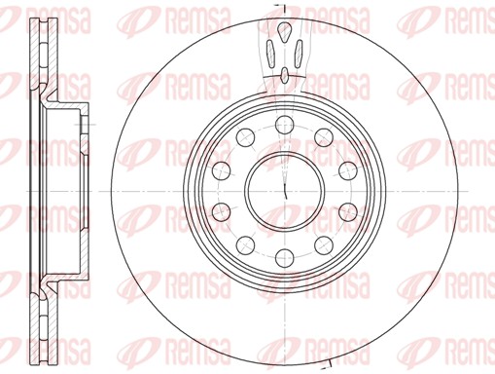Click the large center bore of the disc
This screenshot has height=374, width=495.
pyautogui.click(x=284, y=191)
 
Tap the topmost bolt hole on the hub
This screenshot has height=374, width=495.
pyautogui.click(x=284, y=125)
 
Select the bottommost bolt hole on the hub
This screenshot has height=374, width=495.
pyautogui.click(x=284, y=258)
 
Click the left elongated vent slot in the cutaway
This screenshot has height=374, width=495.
pyautogui.click(x=270, y=54)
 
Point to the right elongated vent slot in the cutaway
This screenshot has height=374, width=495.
pyautogui.click(x=299, y=54)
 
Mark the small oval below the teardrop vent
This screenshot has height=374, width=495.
pyautogui.click(x=285, y=75)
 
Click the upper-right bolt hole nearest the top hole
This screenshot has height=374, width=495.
pyautogui.click(x=324, y=137)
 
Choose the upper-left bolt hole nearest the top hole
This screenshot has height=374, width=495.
pyautogui.click(x=245, y=137)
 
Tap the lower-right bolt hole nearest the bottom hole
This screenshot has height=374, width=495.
pyautogui.click(x=324, y=244)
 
